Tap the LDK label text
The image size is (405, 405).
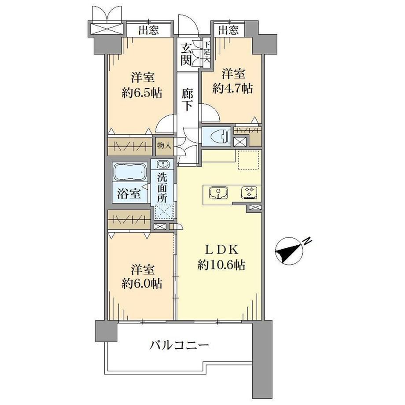(221, 250)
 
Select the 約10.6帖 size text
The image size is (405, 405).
(221, 265)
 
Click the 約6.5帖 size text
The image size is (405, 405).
(142, 92)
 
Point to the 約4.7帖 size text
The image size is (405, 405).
(232, 88)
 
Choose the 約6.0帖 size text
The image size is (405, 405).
(142, 283)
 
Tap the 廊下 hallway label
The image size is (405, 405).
(187, 99)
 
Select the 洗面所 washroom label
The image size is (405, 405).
(162, 188)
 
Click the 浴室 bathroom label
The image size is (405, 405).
(129, 193)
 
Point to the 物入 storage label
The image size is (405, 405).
(164, 146)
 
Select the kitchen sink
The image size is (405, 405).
(218, 193)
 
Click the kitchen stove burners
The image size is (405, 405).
(250, 193)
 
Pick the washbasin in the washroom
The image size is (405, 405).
(162, 164)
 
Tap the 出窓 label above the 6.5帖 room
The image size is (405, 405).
(148, 31)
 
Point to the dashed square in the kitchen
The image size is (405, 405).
(248, 160)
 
